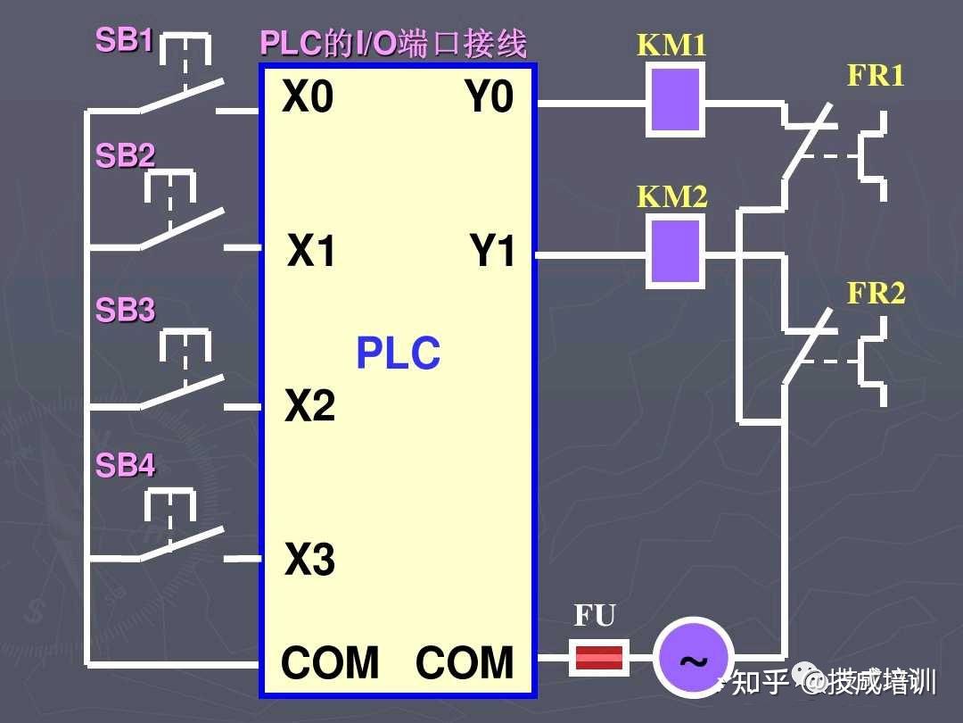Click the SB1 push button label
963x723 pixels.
coord(124,40)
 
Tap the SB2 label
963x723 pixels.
coord(126,155)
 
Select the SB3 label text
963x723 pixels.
coord(126,310)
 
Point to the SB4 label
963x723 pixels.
coord(126,465)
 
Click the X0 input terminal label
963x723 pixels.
coord(308,96)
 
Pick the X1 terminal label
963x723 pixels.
coord(311,250)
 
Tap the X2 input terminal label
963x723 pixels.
coord(310,405)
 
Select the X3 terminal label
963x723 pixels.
coord(310,560)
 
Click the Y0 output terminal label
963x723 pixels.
coord(489,96)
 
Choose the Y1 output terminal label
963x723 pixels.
coord(492,250)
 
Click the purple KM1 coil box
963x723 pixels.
coord(675,100)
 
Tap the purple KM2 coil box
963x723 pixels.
coord(675,251)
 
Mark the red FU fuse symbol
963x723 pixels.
coord(599,658)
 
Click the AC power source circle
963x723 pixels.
coord(693,657)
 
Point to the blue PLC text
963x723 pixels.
coord(398,353)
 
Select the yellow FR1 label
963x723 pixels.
coord(876,75)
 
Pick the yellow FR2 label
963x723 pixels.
coord(876,293)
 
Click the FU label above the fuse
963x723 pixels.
coord(595,615)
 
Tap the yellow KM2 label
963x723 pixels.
coord(672,196)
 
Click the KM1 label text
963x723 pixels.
coord(671,45)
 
